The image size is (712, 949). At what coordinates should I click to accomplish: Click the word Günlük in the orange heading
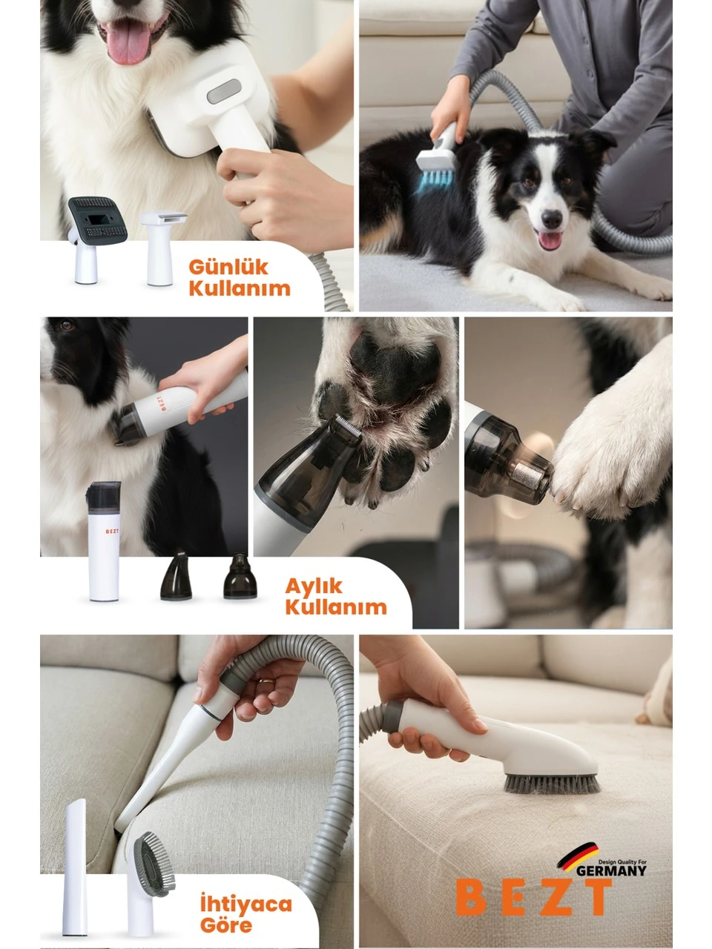pyautogui.click(x=228, y=268)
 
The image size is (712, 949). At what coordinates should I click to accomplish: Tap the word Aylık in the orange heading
pyautogui.click(x=314, y=586)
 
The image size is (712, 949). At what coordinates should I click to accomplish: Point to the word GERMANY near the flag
pyautogui.click(x=611, y=870)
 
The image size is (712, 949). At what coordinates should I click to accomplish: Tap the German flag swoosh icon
pyautogui.click(x=577, y=856)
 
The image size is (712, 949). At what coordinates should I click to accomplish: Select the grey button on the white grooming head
pyautogui.click(x=224, y=92)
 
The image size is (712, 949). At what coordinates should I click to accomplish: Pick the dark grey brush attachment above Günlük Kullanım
pyautogui.click(x=98, y=220)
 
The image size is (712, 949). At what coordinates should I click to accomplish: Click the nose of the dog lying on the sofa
pyautogui.click(x=552, y=219)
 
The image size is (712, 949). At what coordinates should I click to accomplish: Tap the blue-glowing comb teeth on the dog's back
pyautogui.click(x=435, y=181)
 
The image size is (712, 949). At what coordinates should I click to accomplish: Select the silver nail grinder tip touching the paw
pyautogui.click(x=536, y=475)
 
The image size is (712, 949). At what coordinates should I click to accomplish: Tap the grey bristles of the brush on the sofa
pyautogui.click(x=551, y=784)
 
